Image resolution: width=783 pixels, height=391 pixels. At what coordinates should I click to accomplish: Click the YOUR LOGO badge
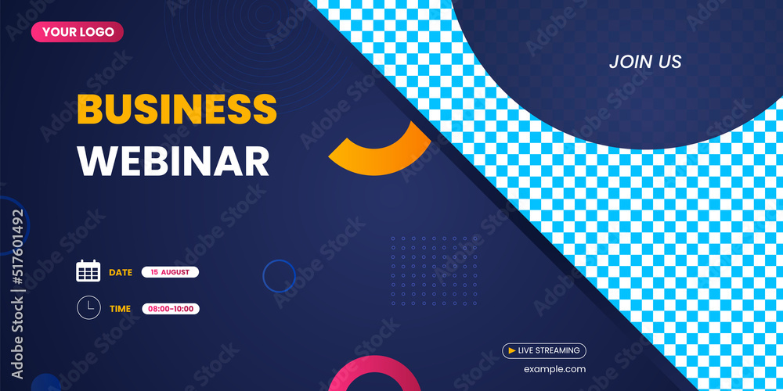tap(78, 32)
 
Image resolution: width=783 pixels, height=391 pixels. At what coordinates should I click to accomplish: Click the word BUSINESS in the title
tap(177, 109)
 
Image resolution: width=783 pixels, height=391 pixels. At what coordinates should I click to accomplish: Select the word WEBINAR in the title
tap(173, 160)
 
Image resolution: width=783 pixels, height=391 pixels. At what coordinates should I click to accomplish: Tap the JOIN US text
tap(645, 62)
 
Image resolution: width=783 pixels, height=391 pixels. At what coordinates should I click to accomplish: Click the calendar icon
tap(88, 271)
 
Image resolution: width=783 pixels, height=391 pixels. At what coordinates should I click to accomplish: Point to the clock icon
tap(88, 307)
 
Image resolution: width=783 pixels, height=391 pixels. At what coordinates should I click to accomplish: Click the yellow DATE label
tap(121, 272)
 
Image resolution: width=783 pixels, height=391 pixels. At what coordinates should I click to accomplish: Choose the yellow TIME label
tap(120, 309)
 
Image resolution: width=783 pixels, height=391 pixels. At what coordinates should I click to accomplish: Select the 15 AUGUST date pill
tap(170, 272)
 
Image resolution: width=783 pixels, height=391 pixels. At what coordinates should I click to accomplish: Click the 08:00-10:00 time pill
tap(171, 309)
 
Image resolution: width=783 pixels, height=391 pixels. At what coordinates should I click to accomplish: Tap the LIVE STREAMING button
tap(544, 351)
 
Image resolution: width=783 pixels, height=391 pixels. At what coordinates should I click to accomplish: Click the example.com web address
tap(554, 369)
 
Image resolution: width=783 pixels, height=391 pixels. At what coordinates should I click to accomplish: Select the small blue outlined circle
tap(279, 276)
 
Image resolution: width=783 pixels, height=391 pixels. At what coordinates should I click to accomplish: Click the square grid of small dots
tap(434, 271)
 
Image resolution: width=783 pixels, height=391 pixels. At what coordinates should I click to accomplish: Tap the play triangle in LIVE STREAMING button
tap(512, 351)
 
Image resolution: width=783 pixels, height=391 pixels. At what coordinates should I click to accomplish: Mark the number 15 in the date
tap(154, 272)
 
